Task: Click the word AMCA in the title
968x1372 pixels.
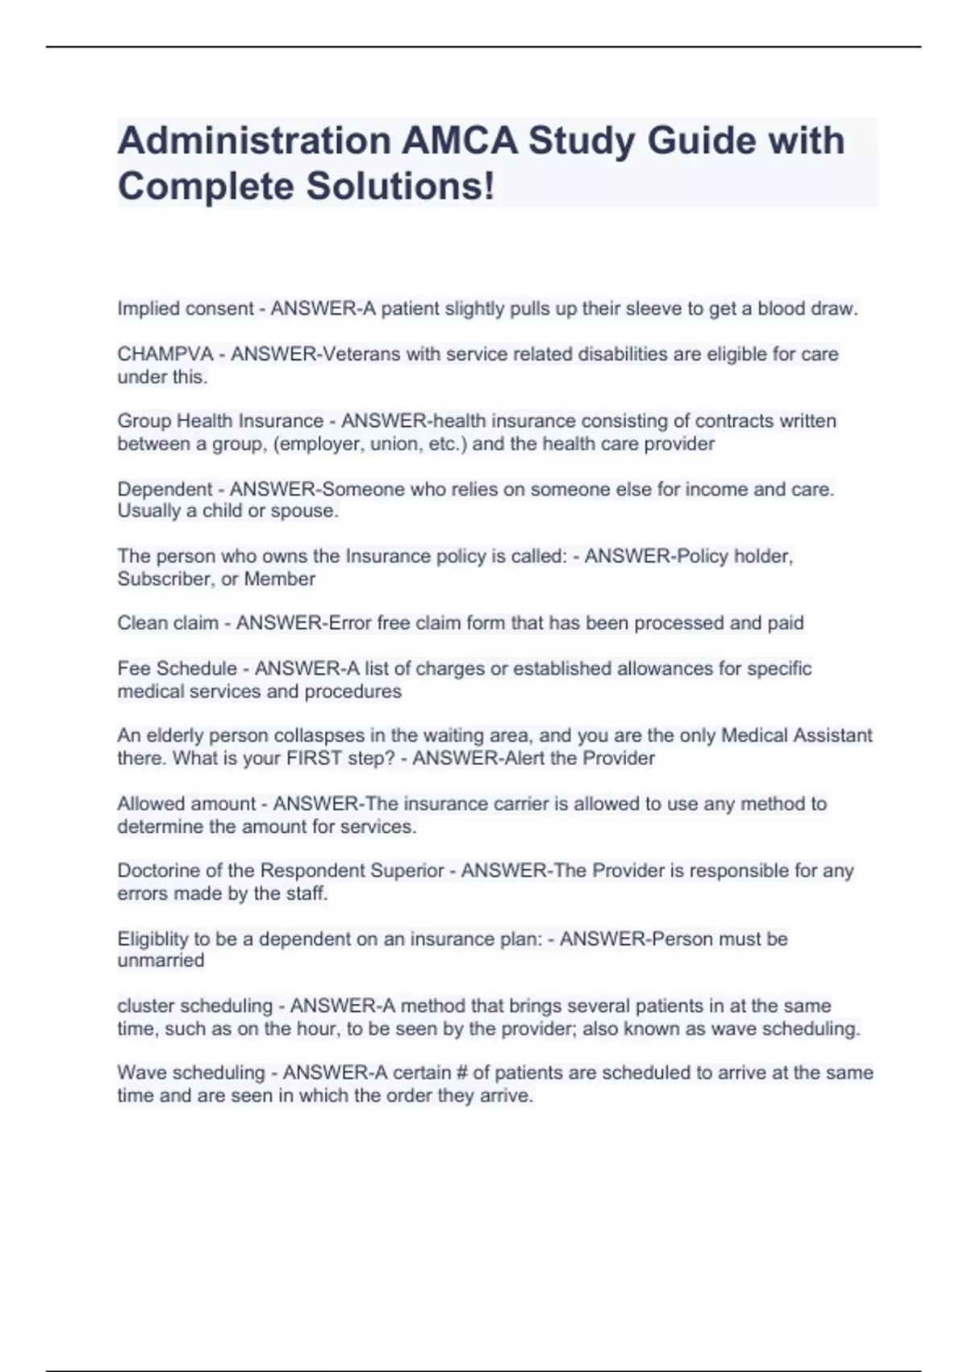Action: tap(459, 140)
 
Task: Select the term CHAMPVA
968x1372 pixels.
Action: tap(165, 354)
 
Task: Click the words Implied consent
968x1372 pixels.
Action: tap(186, 308)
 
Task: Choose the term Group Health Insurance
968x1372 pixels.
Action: tap(220, 421)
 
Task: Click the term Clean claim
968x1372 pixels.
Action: tap(168, 623)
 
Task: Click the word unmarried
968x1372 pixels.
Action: tap(161, 960)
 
